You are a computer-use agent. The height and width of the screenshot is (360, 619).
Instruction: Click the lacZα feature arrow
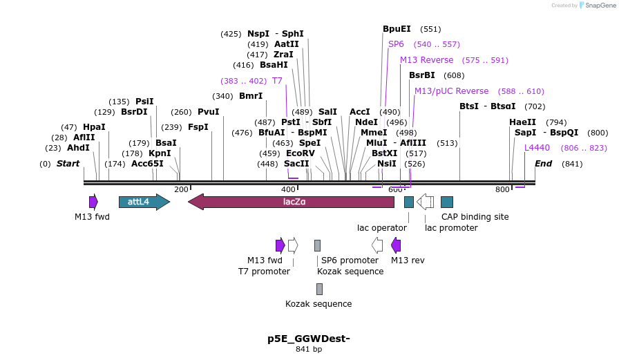click(x=291, y=202)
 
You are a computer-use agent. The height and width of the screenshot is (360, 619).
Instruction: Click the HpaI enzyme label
click(x=94, y=127)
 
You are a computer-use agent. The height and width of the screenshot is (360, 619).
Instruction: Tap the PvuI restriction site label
click(x=208, y=112)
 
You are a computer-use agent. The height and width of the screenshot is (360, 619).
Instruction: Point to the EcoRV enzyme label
click(x=301, y=153)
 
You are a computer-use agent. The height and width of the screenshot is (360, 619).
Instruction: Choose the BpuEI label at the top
click(x=397, y=29)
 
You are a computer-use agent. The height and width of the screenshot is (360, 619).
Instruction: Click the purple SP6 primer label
click(x=396, y=44)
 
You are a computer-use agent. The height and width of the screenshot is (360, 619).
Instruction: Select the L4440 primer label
click(x=537, y=148)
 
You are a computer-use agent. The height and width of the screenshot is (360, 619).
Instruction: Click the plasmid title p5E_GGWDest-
click(x=309, y=339)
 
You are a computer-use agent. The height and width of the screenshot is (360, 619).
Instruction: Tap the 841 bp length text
click(x=309, y=350)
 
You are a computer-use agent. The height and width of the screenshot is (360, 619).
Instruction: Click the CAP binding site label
click(x=475, y=217)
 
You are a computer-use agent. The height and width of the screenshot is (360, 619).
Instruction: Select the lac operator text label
click(x=381, y=227)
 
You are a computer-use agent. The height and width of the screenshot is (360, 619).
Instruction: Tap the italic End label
click(x=543, y=164)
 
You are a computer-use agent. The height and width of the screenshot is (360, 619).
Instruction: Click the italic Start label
click(x=68, y=164)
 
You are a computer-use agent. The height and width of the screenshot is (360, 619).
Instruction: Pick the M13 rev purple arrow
click(x=396, y=245)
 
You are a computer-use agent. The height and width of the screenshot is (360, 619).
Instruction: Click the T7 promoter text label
click(x=259, y=272)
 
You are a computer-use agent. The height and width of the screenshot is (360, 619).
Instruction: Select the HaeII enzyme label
click(x=522, y=122)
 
